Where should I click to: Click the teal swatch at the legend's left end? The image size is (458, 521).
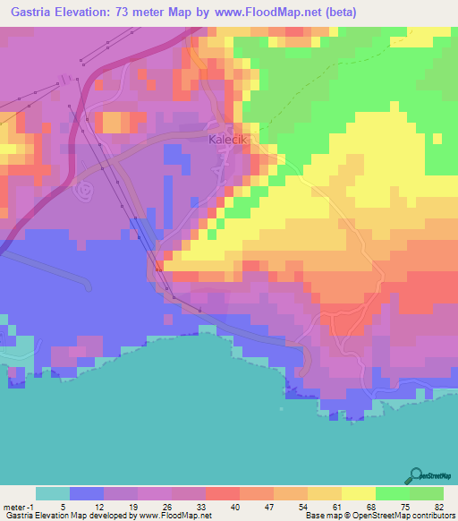pyautogui.click(x=53, y=493)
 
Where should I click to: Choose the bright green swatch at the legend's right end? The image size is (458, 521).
pyautogui.click(x=426, y=493)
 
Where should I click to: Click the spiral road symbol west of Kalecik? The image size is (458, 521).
pyautogui.click(x=86, y=190)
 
